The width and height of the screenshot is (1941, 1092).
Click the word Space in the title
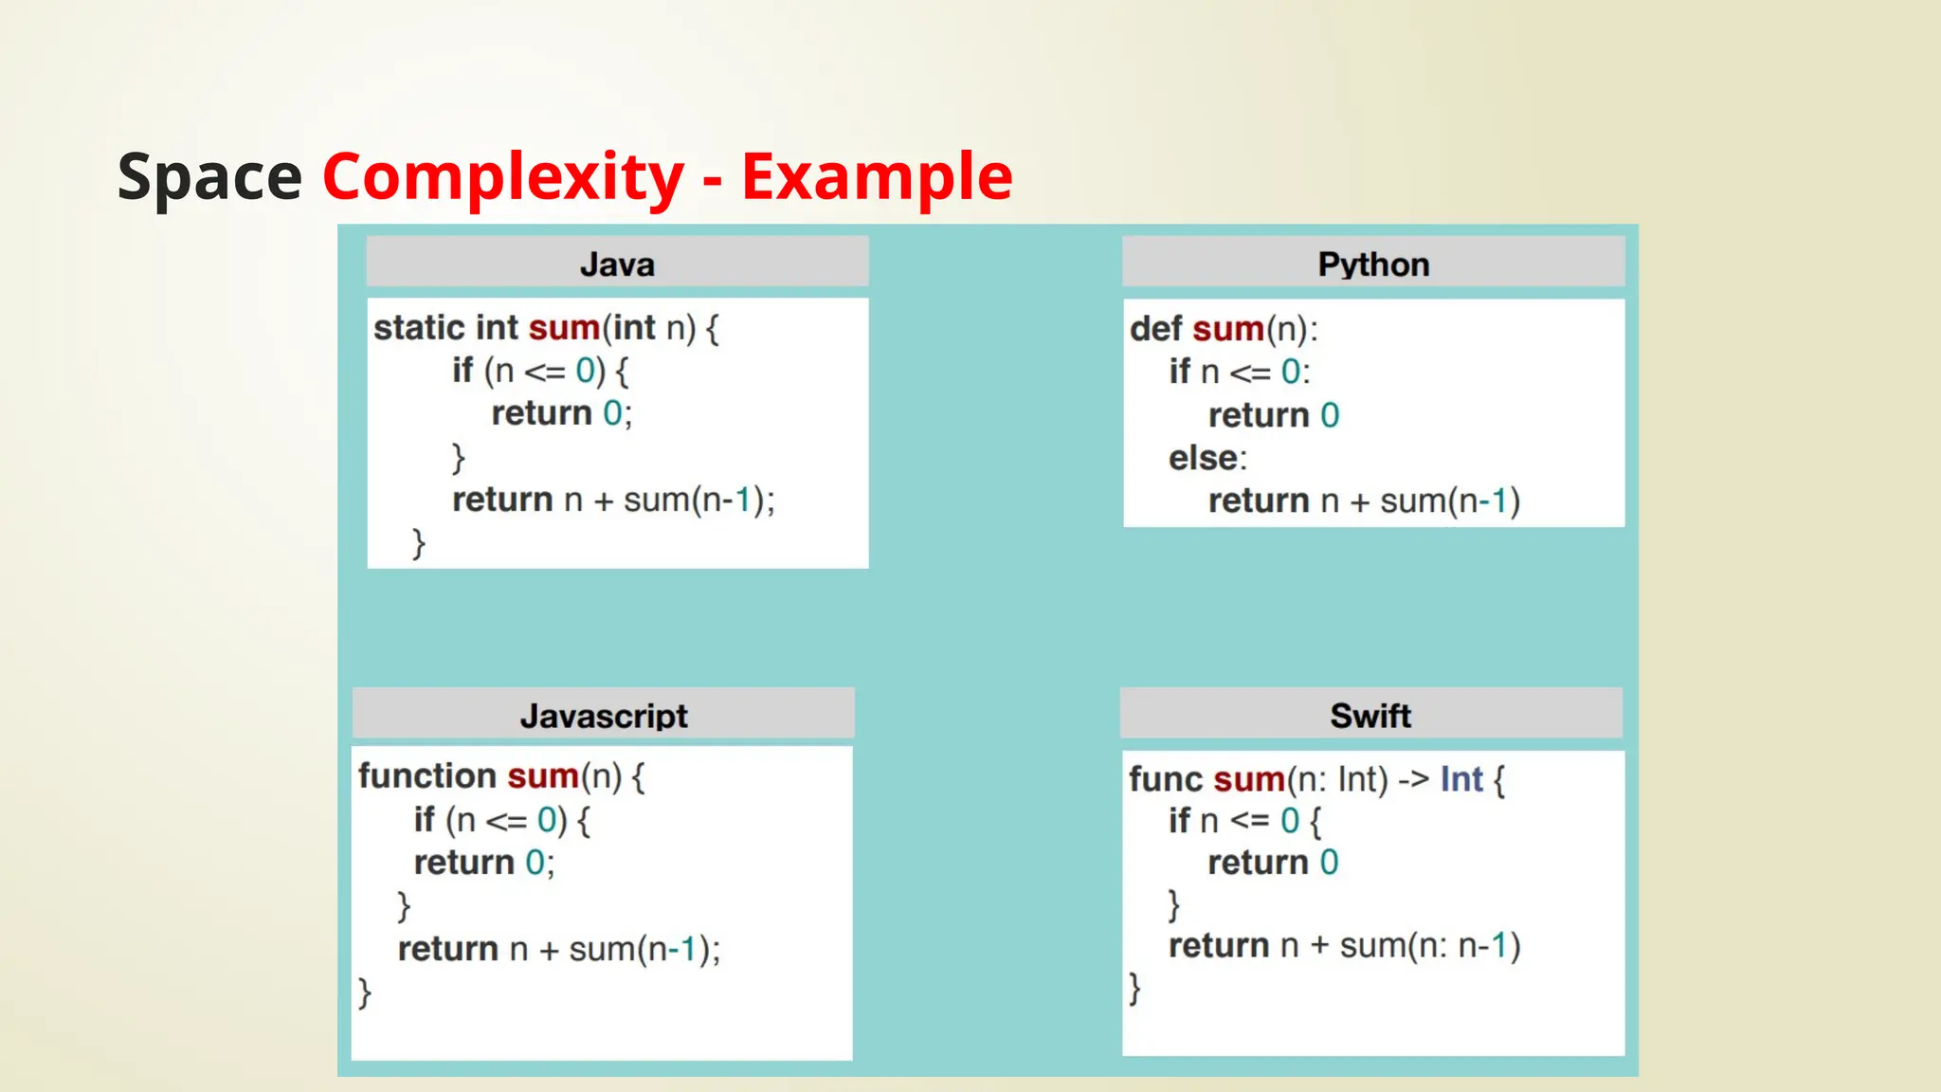(209, 177)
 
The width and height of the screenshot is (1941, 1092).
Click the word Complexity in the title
(502, 177)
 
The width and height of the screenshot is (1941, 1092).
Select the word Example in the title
(877, 177)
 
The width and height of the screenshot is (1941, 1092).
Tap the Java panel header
(617, 264)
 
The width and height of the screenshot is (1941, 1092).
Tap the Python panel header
(1373, 264)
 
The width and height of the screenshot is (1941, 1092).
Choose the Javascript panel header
(604, 715)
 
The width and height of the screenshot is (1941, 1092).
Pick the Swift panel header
(1370, 715)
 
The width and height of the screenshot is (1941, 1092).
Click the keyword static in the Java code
(419, 328)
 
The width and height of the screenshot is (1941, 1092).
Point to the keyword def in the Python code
(1155, 329)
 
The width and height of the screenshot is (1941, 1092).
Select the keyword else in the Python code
(1203, 458)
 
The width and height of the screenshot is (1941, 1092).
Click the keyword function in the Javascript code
(427, 776)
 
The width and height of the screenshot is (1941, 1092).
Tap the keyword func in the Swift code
(1165, 779)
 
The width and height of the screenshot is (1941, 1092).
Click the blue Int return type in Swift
(1461, 779)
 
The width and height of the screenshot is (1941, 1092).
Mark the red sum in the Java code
(564, 328)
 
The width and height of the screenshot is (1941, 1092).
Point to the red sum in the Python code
(1228, 329)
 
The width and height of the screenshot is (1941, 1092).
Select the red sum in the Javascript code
(543, 776)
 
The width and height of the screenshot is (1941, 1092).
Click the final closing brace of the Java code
(418, 544)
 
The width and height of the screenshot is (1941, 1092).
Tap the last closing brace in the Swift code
(1134, 988)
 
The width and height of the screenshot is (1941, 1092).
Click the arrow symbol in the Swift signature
(1413, 779)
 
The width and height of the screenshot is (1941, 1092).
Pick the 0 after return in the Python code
(1330, 415)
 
